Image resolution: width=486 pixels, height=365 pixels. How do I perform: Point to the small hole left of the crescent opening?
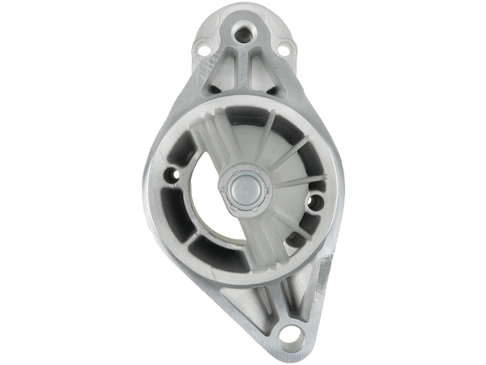(173, 174)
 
